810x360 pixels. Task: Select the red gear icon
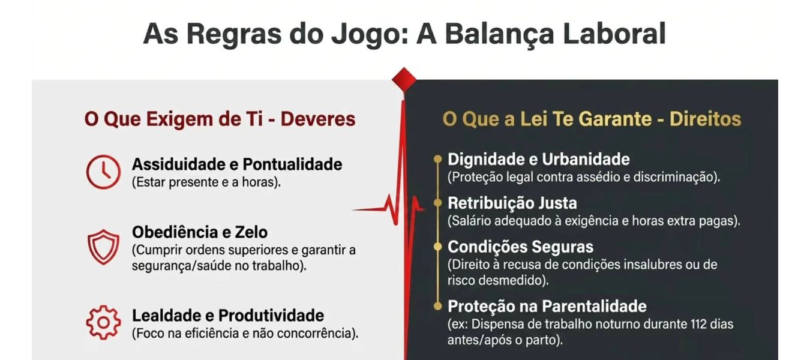point(103,307)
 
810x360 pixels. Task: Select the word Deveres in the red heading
point(318,119)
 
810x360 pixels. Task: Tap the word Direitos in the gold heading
point(705,119)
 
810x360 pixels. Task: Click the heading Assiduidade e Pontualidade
point(237,164)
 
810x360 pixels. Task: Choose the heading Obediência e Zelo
point(200,232)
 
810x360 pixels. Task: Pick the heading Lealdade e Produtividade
point(228,315)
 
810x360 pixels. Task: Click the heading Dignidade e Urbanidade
point(538,160)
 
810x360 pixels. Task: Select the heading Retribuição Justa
point(512,203)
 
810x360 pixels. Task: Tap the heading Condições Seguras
point(520,247)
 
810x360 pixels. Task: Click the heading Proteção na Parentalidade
point(547,306)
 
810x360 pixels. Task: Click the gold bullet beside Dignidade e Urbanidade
point(437,159)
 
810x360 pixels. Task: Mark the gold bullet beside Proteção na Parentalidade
point(437,306)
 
